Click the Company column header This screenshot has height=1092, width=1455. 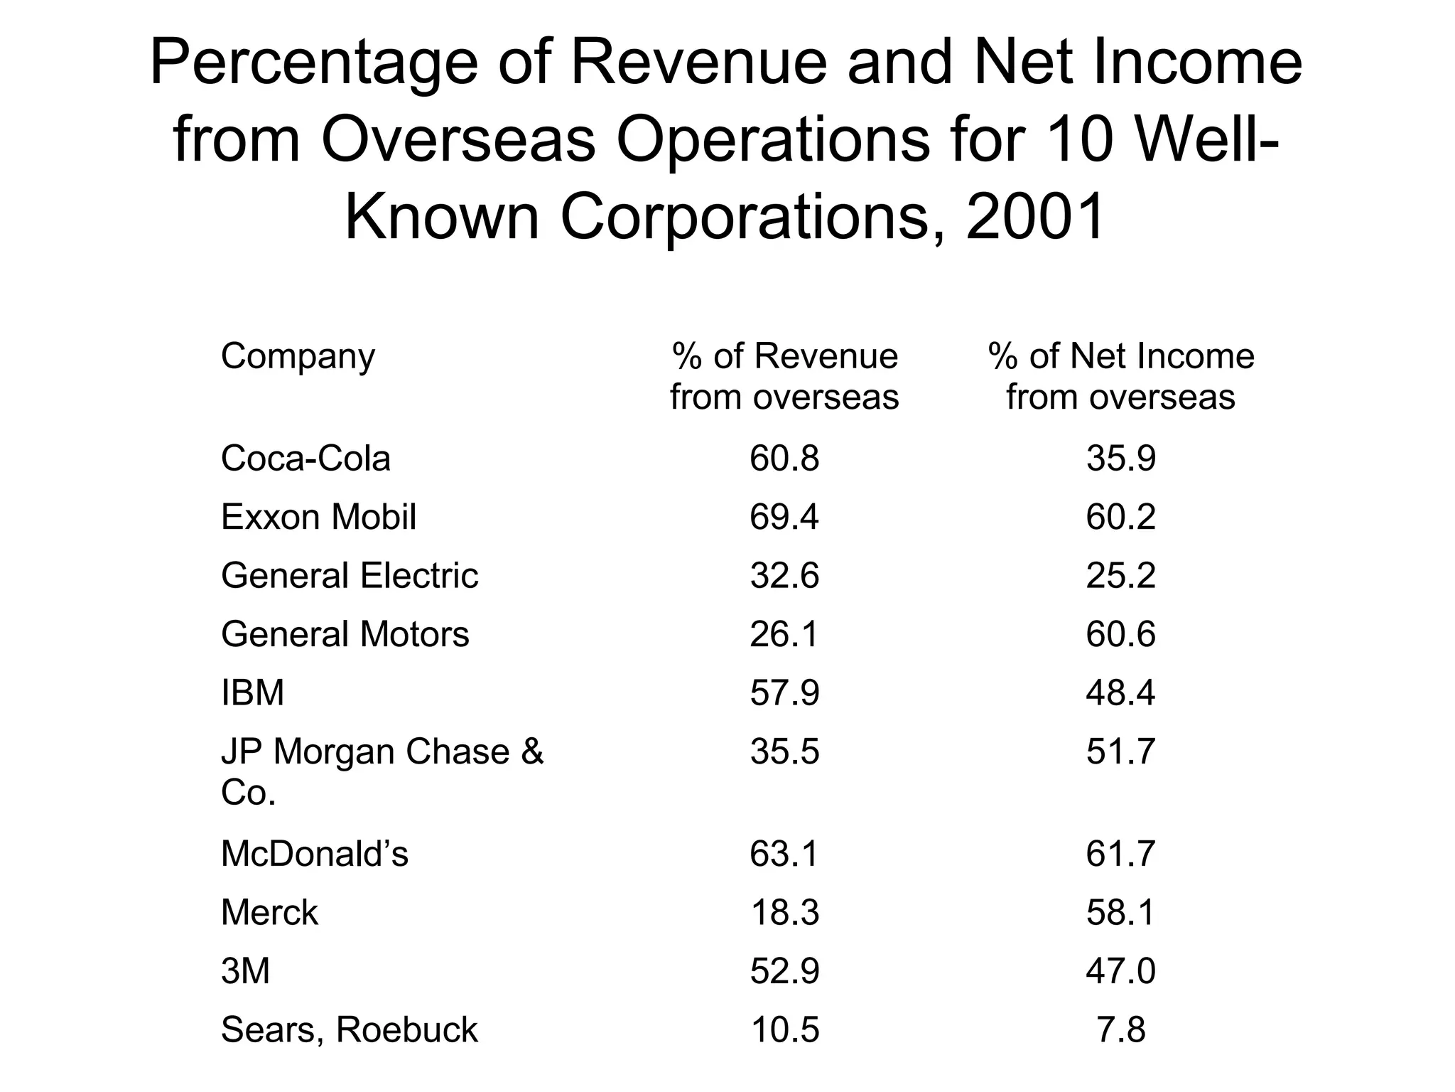point(298,357)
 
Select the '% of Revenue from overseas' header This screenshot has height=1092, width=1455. point(784,377)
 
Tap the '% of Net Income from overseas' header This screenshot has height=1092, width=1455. point(1121,377)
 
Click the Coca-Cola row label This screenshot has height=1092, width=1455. point(305,459)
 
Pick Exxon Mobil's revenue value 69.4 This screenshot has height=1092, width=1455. point(784,517)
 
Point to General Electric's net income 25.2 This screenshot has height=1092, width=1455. point(1121,576)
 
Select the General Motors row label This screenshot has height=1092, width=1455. point(345,634)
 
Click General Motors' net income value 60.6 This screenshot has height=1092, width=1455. point(1121,634)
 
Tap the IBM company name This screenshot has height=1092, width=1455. point(253,693)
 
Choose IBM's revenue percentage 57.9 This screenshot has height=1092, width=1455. point(784,693)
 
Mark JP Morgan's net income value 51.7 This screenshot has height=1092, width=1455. point(1121,752)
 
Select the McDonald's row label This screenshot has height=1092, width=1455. point(315,854)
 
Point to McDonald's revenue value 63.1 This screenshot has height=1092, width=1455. point(784,854)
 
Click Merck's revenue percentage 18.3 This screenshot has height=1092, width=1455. point(784,913)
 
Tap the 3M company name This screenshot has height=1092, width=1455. point(246,971)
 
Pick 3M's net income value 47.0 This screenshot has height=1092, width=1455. point(1121,971)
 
